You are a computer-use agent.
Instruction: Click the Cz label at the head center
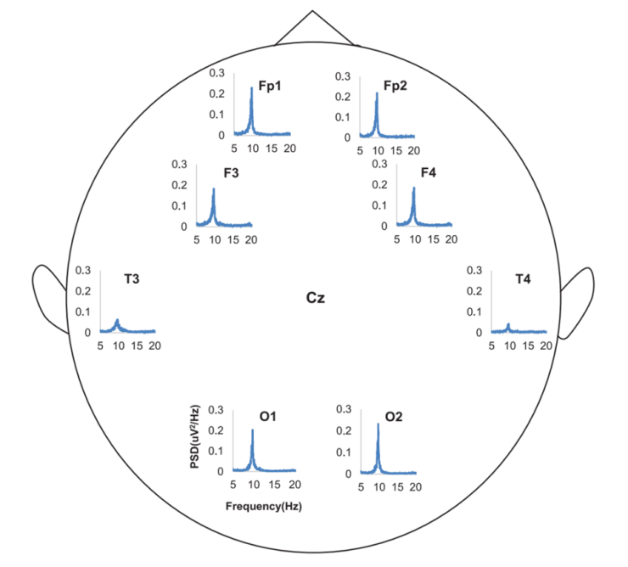(316, 298)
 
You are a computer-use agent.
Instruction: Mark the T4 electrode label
(524, 279)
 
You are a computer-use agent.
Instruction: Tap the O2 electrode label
(394, 417)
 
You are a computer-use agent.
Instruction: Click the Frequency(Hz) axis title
(264, 506)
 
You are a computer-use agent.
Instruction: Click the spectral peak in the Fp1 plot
(251, 88)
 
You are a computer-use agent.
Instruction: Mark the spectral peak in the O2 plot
(378, 424)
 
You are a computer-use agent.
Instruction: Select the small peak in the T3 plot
(117, 320)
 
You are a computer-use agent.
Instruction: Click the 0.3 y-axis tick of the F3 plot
(179, 164)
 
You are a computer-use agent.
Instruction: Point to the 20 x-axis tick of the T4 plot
(547, 345)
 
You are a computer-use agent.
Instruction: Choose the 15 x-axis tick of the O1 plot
(273, 485)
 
